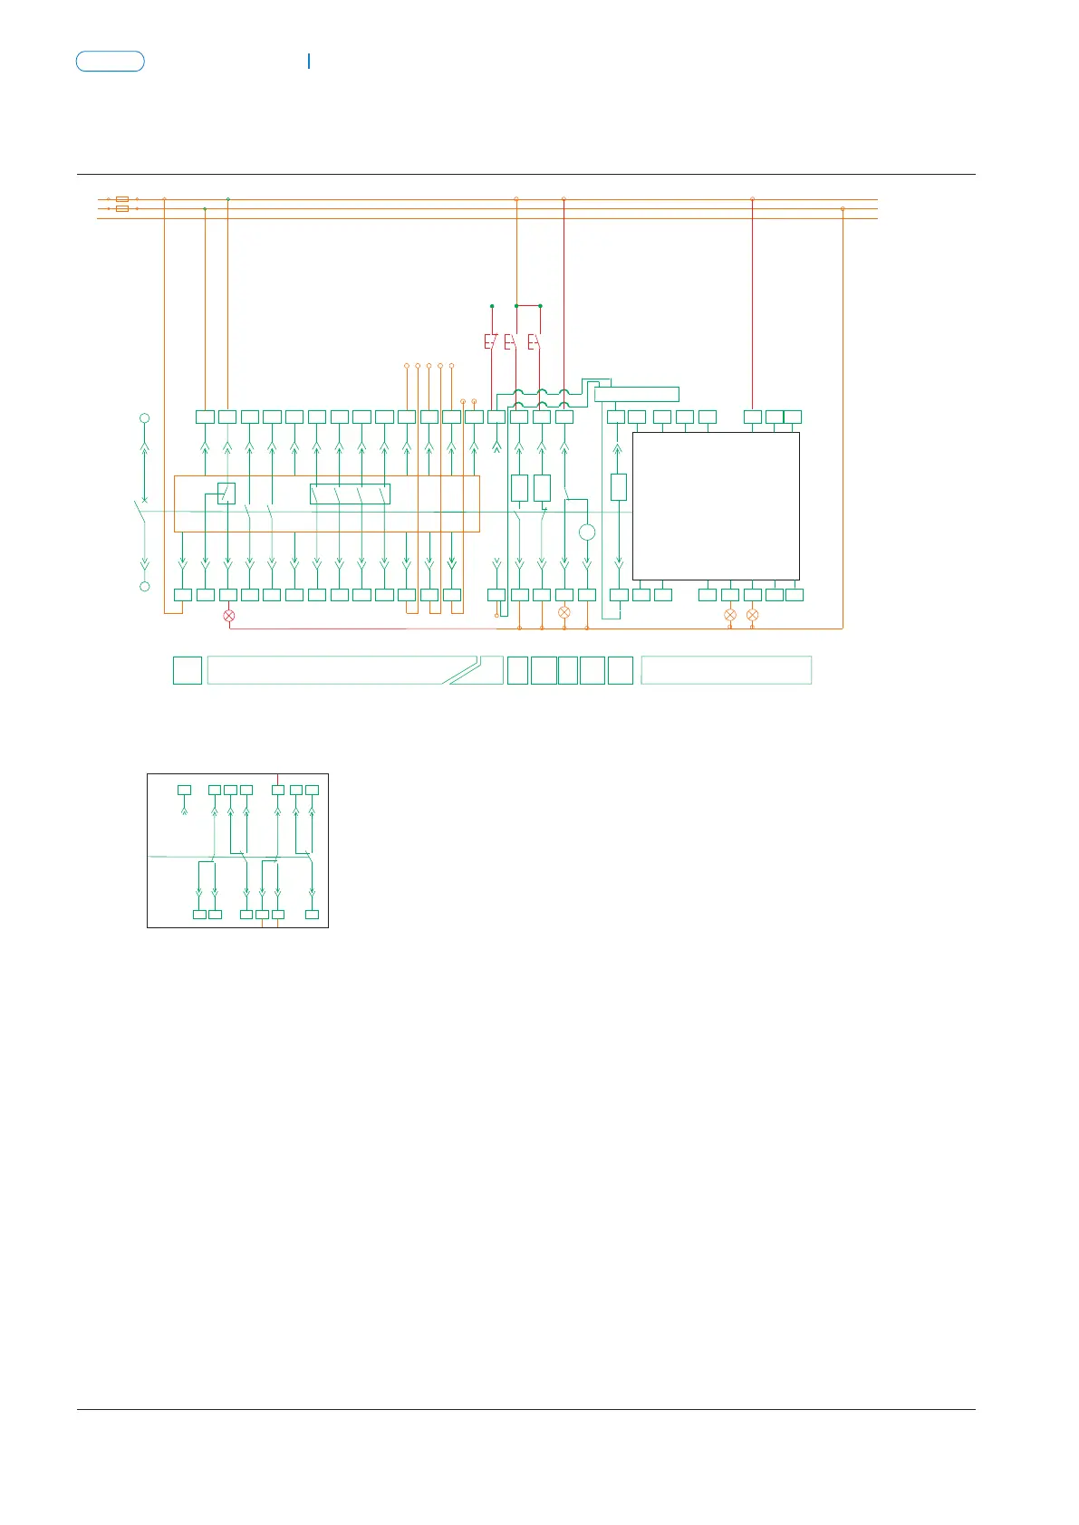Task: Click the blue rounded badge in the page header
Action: coord(110,62)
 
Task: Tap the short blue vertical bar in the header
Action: coord(309,61)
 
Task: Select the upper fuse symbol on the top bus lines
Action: coord(122,198)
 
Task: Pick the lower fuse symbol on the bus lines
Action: coord(122,208)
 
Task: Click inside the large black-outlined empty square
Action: coord(716,505)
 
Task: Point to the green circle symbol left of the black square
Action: coord(587,532)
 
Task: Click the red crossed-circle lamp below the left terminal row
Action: coord(228,616)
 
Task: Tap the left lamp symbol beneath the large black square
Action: coord(730,616)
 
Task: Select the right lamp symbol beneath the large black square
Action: coord(752,616)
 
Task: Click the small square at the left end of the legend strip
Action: coord(188,670)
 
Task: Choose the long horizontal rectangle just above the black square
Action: coord(636,394)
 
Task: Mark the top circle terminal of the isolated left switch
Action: coord(144,418)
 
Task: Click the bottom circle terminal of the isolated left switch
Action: coord(144,587)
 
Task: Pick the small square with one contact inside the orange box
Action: coord(226,493)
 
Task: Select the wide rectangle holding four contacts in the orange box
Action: coord(350,494)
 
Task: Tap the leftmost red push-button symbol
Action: coord(490,342)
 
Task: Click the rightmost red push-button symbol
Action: coord(535,342)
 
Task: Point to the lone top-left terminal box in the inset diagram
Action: coord(184,790)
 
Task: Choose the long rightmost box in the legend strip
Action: coord(726,670)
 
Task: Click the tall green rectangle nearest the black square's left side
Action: coord(619,487)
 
